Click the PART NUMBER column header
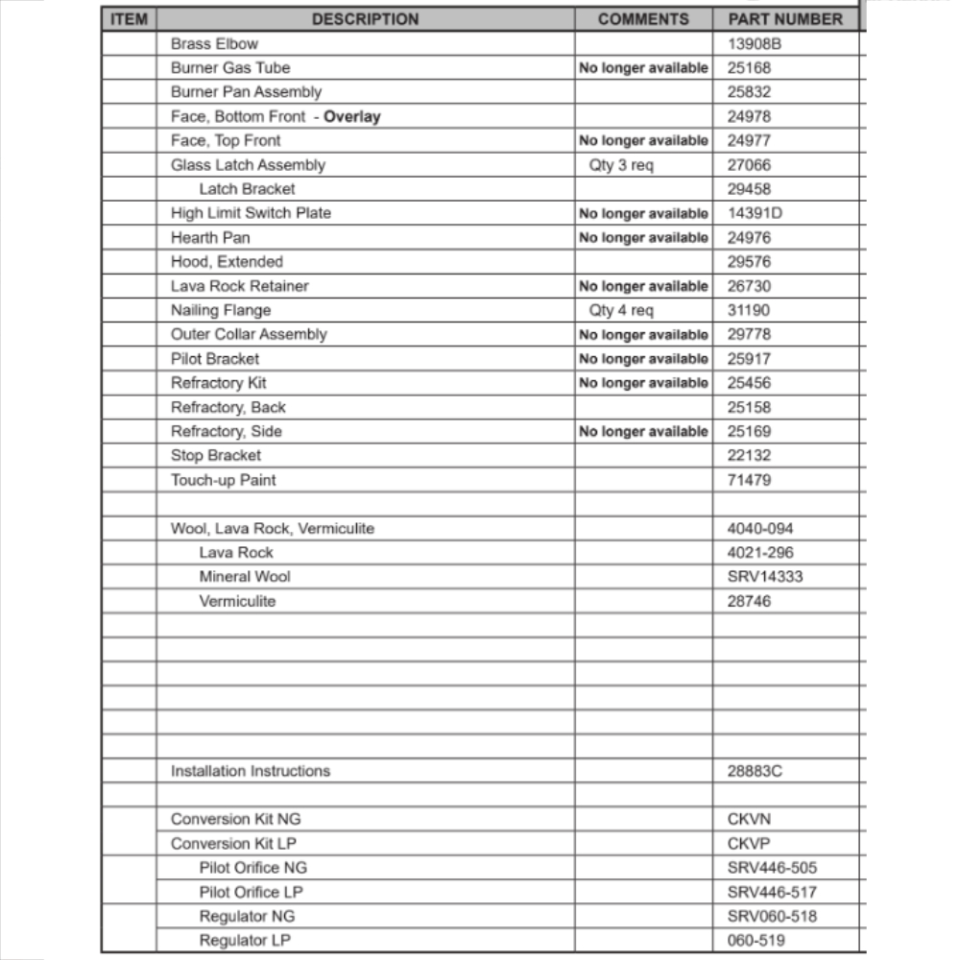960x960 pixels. (785, 19)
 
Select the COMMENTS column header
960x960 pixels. (643, 19)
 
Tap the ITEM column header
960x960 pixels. (130, 19)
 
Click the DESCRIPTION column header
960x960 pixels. (365, 19)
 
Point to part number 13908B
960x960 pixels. (756, 44)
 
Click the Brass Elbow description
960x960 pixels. (214, 44)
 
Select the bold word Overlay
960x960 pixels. (352, 117)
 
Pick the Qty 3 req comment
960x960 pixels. (621, 165)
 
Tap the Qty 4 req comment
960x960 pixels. (621, 310)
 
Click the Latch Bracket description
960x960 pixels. (247, 189)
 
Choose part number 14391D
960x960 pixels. (755, 213)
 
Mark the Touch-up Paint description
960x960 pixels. (224, 480)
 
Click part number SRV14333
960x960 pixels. (765, 577)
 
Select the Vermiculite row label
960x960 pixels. (237, 601)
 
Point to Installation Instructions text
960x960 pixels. (251, 771)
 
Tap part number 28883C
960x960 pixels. (756, 771)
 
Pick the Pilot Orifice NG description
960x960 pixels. (253, 868)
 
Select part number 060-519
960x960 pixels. (756, 941)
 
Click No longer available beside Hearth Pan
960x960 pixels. (643, 238)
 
